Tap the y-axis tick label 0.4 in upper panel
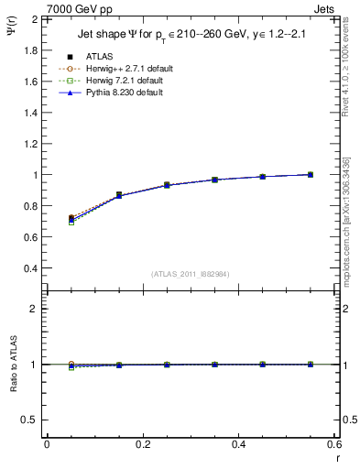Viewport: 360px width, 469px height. [30, 268]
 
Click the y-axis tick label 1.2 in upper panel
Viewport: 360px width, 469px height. [30, 144]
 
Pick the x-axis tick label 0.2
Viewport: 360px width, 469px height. [142, 444]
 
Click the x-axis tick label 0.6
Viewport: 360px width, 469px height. [334, 444]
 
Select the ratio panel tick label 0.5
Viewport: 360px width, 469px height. [30, 420]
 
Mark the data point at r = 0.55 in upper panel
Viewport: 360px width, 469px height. [311, 174]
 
